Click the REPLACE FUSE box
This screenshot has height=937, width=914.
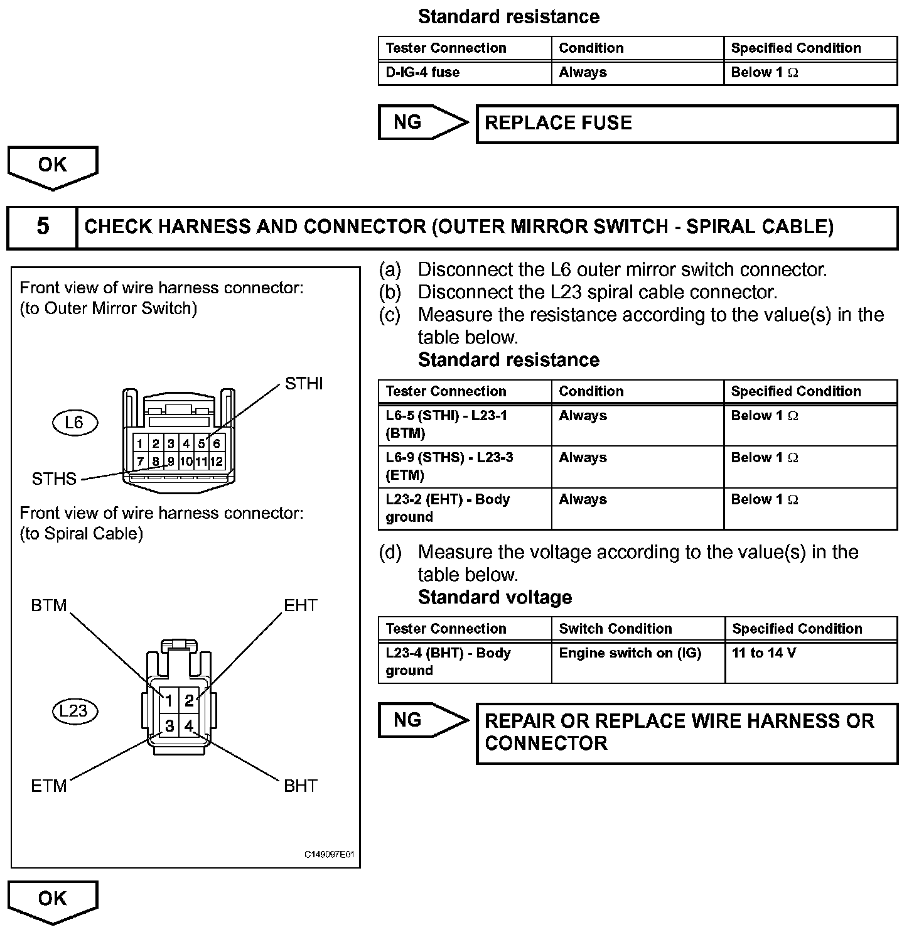point(687,124)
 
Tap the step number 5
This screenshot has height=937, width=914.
point(43,226)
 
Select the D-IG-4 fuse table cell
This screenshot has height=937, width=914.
point(465,72)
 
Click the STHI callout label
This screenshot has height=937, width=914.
point(304,383)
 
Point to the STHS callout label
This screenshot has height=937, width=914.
point(54,479)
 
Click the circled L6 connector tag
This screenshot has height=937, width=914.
point(75,423)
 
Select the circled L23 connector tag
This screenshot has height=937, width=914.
point(75,711)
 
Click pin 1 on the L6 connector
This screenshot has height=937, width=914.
point(140,444)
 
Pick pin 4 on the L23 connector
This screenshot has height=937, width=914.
point(189,726)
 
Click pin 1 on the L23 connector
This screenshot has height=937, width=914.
point(169,700)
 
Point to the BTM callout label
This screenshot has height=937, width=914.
point(49,605)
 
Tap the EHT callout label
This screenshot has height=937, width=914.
point(301,605)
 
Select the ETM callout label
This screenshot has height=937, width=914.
point(49,786)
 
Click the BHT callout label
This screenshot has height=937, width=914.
point(301,786)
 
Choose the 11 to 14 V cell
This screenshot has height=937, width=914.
point(811,662)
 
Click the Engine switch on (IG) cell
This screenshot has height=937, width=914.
point(638,662)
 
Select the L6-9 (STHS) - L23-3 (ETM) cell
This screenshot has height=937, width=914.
point(465,467)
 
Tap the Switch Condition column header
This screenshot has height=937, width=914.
point(615,629)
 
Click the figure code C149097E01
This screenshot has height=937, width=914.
point(330,855)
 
